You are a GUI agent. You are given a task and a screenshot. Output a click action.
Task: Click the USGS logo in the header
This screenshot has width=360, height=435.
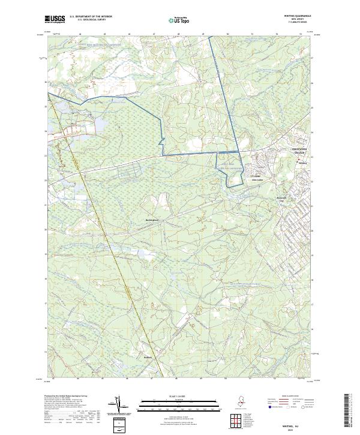tap(55, 19)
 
